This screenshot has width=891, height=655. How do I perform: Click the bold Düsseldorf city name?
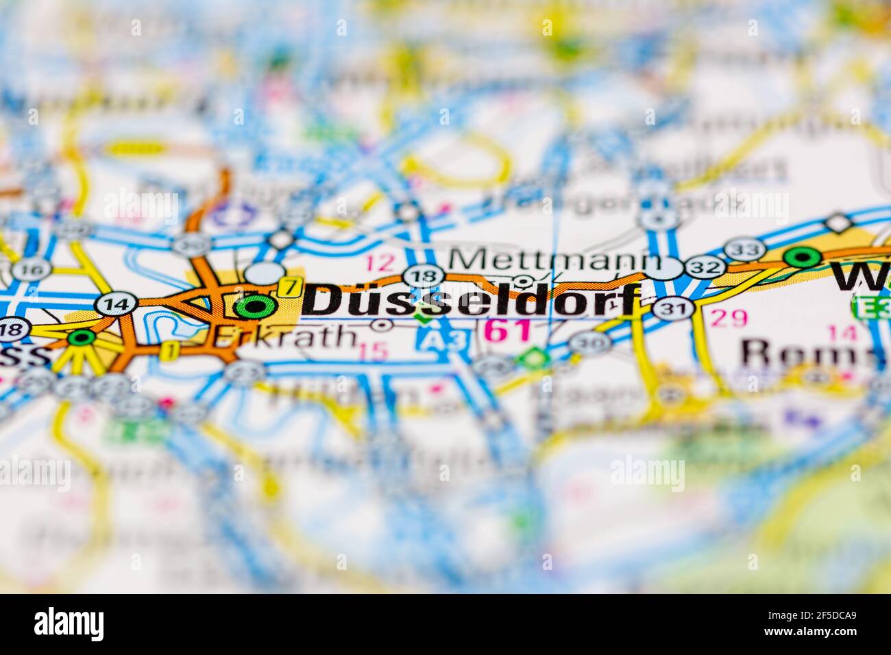click(x=472, y=301)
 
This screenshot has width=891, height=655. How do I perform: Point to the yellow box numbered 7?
click(x=291, y=286)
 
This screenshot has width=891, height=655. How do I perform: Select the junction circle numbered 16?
click(x=31, y=269)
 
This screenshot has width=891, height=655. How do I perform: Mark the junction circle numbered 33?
click(x=742, y=249)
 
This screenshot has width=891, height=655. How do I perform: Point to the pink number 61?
click(x=508, y=331)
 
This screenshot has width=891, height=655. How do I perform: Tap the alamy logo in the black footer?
click(x=69, y=623)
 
